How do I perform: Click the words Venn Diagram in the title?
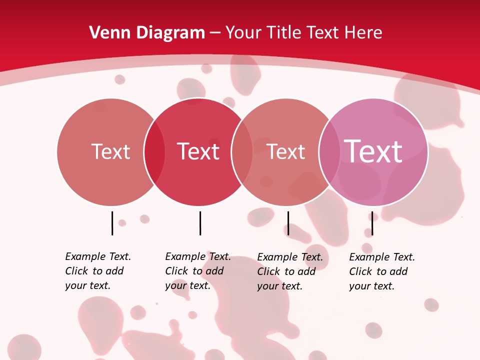pyautogui.click(x=147, y=32)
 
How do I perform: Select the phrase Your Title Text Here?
pyautogui.click(x=303, y=32)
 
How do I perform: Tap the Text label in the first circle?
pyautogui.click(x=110, y=151)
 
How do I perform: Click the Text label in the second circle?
pyautogui.click(x=198, y=151)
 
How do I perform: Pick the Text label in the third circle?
pyautogui.click(x=286, y=151)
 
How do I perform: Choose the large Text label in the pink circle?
pyautogui.click(x=373, y=151)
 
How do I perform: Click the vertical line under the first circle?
pyautogui.click(x=112, y=223)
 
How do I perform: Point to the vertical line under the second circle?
pyautogui.click(x=200, y=223)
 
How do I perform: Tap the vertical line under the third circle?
pyautogui.click(x=288, y=223)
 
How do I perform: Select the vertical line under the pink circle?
pyautogui.click(x=372, y=223)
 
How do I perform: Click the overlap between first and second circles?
pyautogui.click(x=154, y=152)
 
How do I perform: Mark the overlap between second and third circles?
pyautogui.click(x=242, y=152)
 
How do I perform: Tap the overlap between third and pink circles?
pyautogui.click(x=329, y=152)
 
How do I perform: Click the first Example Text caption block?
pyautogui.click(x=97, y=271)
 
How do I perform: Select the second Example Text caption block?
pyautogui.click(x=197, y=271)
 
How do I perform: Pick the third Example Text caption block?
pyautogui.click(x=289, y=271)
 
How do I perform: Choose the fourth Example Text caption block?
pyautogui.click(x=381, y=271)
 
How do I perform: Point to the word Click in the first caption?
pyautogui.click(x=76, y=271)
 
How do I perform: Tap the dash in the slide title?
pyautogui.click(x=215, y=32)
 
